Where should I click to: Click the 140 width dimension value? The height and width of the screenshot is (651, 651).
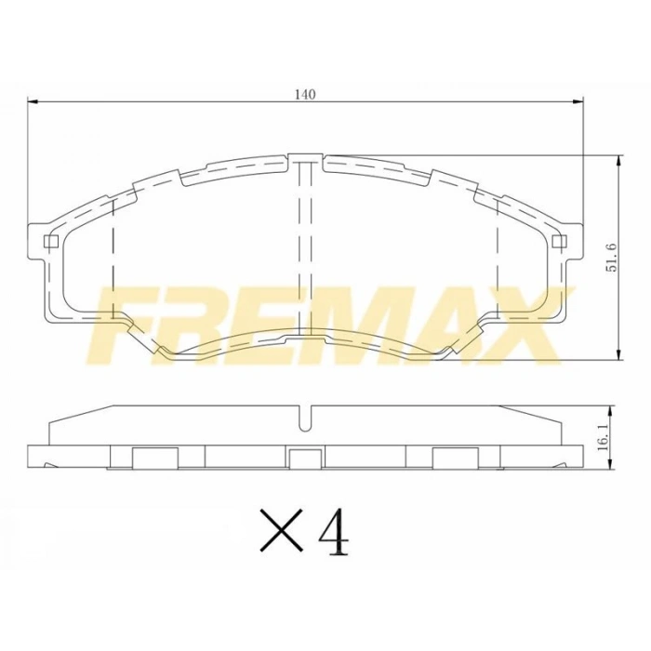click(306, 94)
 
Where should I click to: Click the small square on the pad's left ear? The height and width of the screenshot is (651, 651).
click(51, 244)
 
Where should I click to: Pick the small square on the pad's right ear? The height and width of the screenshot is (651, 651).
click(558, 244)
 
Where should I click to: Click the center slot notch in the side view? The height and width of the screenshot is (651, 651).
click(306, 418)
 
